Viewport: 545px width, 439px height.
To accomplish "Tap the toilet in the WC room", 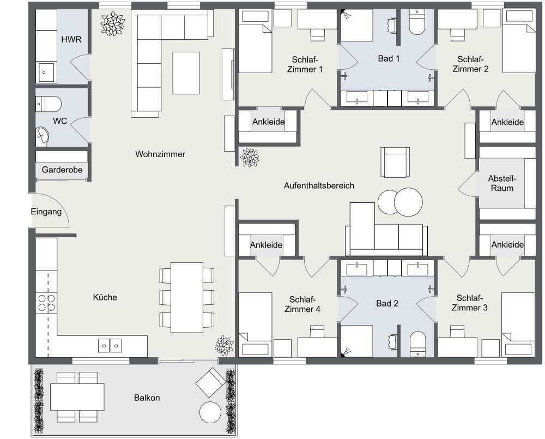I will tap(48, 103).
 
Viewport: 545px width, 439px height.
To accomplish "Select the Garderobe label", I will tap(62, 170).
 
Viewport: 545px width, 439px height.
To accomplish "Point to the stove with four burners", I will tap(46, 303).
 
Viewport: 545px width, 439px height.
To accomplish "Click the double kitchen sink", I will tap(110, 345).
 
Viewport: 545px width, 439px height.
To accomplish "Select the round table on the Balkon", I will tap(211, 412).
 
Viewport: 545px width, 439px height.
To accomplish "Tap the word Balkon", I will tap(147, 398).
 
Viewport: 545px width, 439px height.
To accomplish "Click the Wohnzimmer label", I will tap(160, 154).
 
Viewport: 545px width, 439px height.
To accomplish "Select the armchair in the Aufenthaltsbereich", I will tap(395, 162).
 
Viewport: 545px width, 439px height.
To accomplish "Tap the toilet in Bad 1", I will tap(417, 23).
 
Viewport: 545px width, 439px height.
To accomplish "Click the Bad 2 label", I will tap(387, 303).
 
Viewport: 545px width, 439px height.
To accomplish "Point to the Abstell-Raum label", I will tap(502, 183).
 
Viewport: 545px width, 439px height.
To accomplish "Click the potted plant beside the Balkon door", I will tap(224, 345).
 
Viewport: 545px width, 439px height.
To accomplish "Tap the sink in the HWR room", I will tap(46, 72).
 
